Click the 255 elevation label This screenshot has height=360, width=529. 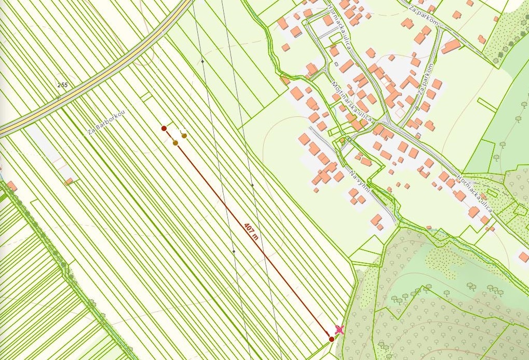tap(63, 85)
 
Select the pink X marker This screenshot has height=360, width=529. tap(340, 329)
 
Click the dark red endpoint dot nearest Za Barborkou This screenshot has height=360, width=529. tap(164, 128)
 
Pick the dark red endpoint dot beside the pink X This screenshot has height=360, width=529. tap(332, 339)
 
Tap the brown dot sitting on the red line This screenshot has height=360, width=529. tap(175, 143)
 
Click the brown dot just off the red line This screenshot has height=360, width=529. tap(184, 136)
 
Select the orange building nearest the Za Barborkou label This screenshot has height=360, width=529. tap(69, 181)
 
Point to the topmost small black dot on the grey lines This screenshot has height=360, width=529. tap(202, 61)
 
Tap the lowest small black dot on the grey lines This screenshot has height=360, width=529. tap(234, 251)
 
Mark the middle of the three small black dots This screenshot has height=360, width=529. tap(252, 185)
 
